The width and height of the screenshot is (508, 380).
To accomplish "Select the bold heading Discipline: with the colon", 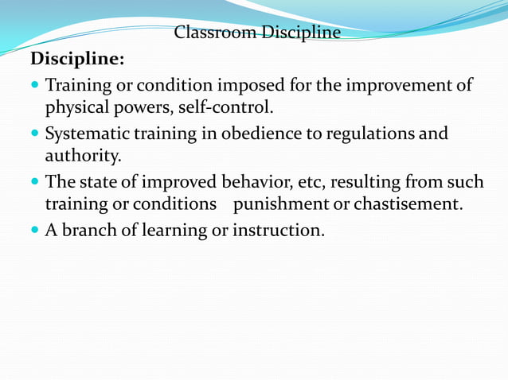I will [77, 60].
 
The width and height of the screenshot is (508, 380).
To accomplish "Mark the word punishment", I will [280, 204].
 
